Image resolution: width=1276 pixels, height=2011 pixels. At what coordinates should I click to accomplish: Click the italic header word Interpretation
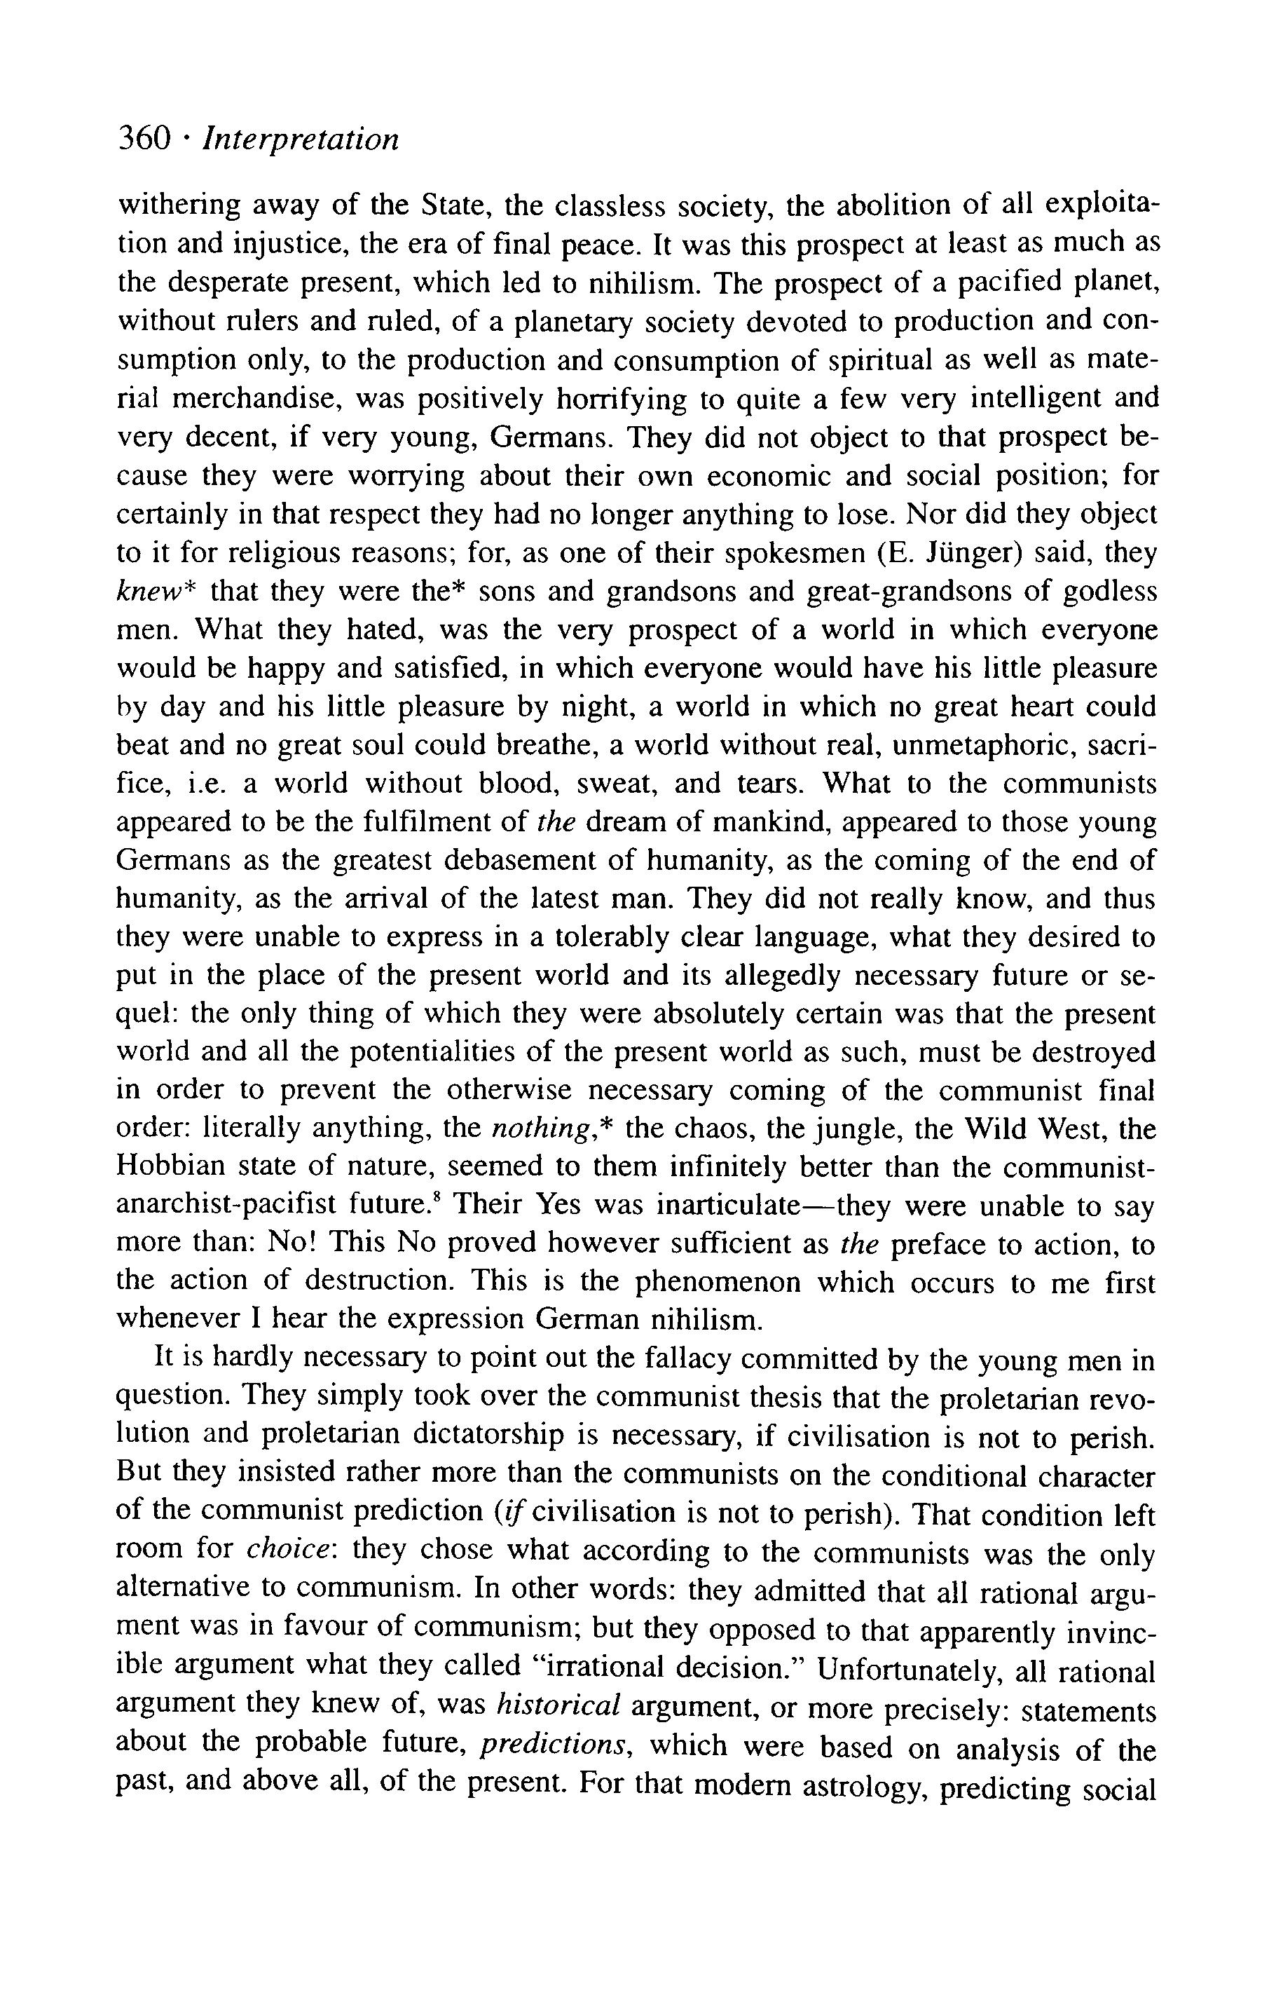click(301, 139)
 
